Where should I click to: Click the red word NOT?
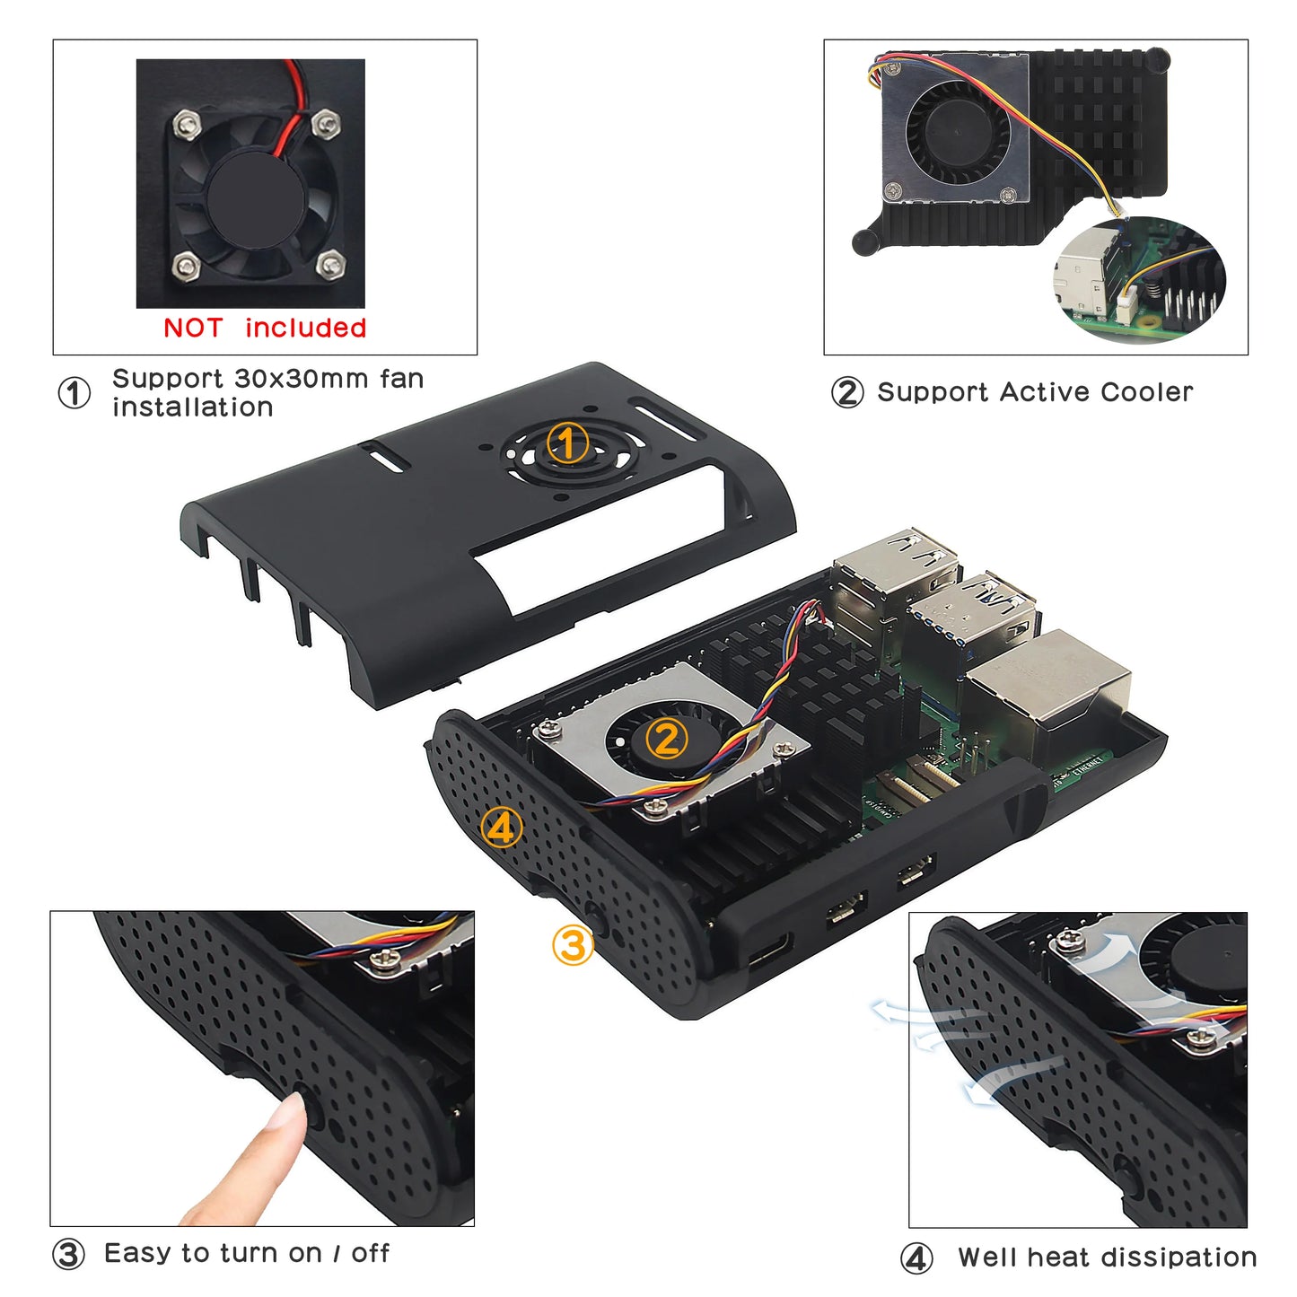192,329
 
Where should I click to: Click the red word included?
305,329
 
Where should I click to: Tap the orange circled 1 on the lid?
567,443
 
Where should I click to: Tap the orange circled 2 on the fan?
666,740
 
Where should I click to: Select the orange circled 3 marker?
573,945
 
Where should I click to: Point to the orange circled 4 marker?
501,828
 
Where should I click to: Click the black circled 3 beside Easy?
68,1255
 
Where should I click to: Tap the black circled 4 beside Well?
916,1258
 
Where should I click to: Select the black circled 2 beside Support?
847,393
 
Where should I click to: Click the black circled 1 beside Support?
74,393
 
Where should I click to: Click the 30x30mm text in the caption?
301,379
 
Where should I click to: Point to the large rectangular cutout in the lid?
601,539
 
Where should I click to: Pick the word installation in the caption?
193,408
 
